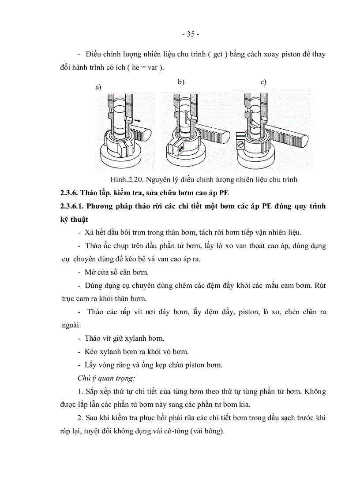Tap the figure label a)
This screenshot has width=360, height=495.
98,87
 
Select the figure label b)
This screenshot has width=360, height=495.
181,82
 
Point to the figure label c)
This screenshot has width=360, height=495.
263,82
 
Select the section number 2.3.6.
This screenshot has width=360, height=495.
69,193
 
